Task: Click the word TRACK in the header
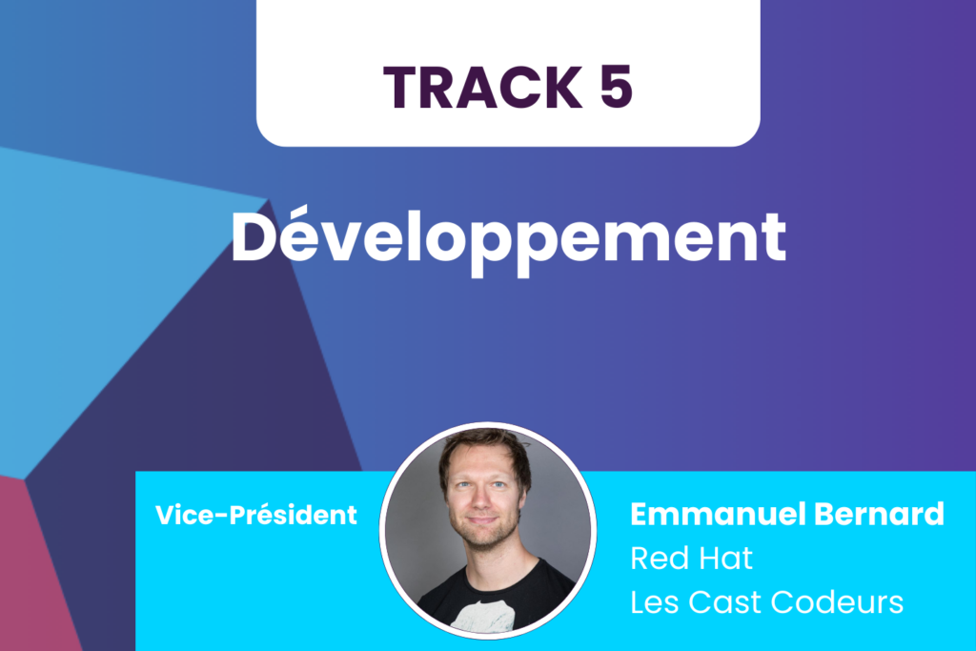pos(483,87)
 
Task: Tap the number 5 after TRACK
pos(617,87)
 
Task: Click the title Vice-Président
pos(255,515)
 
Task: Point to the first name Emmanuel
pos(717,514)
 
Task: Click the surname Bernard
pos(879,514)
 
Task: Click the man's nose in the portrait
pos(481,498)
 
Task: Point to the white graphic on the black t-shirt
pos(482,615)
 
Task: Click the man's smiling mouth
pos(482,520)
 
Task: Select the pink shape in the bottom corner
pos(34,573)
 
